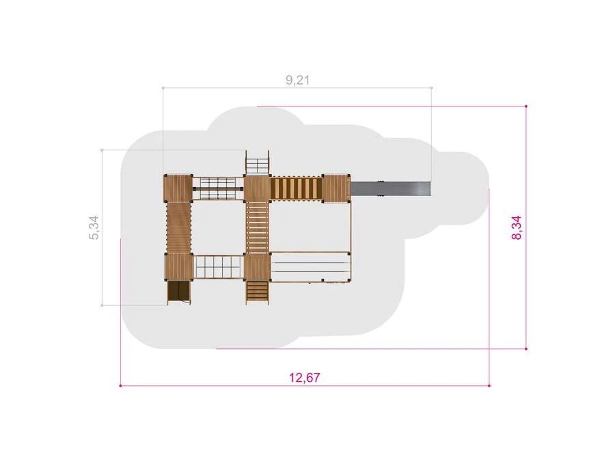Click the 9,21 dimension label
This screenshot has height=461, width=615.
pyautogui.click(x=298, y=80)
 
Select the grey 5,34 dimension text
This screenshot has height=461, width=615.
pyautogui.click(x=94, y=227)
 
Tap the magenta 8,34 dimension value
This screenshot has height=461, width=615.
pyautogui.click(x=517, y=227)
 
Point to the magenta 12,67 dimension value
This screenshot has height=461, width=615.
pyautogui.click(x=304, y=378)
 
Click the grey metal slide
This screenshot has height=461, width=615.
pyautogui.click(x=391, y=188)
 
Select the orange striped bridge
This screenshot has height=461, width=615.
pyautogui.click(x=296, y=188)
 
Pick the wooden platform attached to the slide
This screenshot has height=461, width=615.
pyautogui.click(x=336, y=188)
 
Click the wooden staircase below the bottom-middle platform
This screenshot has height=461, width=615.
pyautogui.click(x=258, y=292)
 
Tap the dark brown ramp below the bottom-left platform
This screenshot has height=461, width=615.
pyautogui.click(x=179, y=292)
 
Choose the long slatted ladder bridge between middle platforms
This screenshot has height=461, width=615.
pyautogui.click(x=258, y=227)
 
